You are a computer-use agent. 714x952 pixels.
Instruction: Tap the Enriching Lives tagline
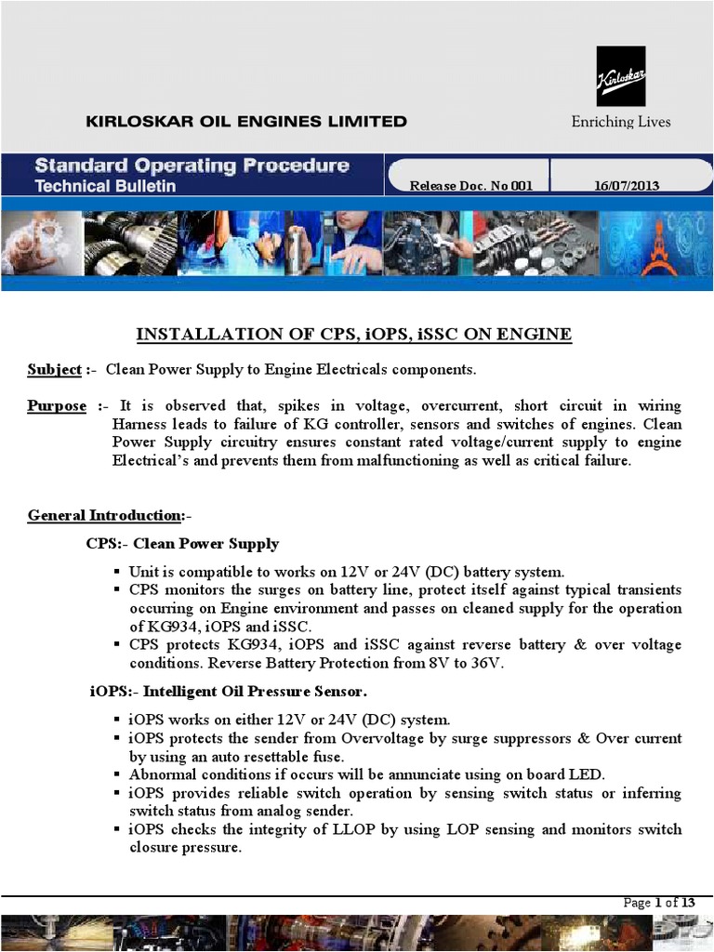coord(620,122)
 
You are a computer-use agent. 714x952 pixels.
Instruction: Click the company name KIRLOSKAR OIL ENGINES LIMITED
coord(245,121)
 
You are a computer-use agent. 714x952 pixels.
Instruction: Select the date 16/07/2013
coord(626,186)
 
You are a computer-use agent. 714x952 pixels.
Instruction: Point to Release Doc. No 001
coord(471,186)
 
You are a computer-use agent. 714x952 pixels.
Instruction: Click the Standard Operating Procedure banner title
coord(192,166)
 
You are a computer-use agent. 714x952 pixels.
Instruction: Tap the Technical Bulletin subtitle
coord(105,186)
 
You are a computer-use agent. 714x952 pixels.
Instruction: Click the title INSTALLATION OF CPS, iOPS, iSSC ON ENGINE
coord(354,334)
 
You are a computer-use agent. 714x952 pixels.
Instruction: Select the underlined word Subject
coord(54,369)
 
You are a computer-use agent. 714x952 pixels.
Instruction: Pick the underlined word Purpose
coord(57,406)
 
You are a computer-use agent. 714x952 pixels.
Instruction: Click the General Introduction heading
coord(105,515)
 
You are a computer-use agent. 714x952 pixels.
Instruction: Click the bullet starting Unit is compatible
coord(347,572)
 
